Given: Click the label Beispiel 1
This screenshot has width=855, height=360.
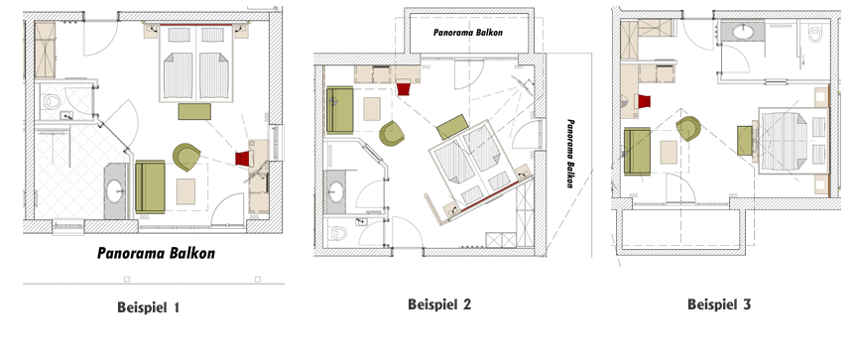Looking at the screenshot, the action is (x=149, y=307).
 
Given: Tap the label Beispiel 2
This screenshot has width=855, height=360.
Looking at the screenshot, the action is (x=439, y=303).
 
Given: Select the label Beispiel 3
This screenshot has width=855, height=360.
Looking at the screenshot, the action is (x=719, y=303).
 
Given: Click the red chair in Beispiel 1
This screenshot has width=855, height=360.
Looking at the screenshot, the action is (x=243, y=159).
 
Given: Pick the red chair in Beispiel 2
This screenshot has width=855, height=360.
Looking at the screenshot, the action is (x=404, y=87).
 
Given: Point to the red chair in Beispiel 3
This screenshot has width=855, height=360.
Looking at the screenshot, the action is (x=644, y=101).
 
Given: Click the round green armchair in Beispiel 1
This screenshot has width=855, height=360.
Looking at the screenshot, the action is (x=186, y=157).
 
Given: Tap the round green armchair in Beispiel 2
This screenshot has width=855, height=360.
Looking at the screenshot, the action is (x=392, y=134).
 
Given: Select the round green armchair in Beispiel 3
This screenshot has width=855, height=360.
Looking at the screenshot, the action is (x=688, y=129).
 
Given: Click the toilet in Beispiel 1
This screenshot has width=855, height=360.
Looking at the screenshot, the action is (x=52, y=101).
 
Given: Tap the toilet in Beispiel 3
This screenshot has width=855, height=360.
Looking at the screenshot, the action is (x=814, y=35).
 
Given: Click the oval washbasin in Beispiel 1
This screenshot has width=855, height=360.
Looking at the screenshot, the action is (x=114, y=191).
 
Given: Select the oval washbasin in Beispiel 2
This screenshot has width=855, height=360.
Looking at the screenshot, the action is (x=336, y=191).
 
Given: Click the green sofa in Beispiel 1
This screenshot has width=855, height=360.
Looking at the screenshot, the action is (x=150, y=187).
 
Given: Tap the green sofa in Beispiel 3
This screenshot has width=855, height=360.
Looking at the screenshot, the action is (x=637, y=152).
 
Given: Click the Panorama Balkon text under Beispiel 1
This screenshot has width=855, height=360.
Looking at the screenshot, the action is (x=156, y=253).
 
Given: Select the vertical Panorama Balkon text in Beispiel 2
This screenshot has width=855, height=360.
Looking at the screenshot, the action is (x=570, y=154).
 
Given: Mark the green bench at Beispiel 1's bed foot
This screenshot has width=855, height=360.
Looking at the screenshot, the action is (x=194, y=111).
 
